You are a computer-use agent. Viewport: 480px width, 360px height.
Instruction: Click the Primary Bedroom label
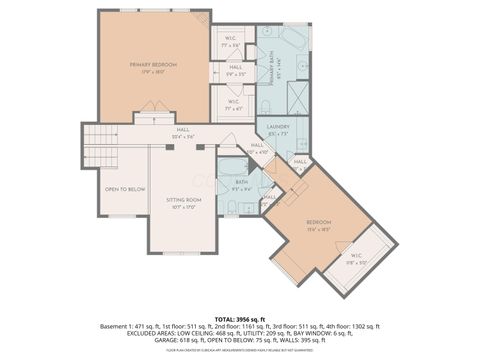click(x=152, y=66)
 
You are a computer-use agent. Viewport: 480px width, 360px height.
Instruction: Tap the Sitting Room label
click(x=183, y=203)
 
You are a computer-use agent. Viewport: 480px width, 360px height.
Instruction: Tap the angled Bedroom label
click(x=318, y=224)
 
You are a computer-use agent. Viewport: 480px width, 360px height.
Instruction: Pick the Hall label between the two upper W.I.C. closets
click(x=234, y=71)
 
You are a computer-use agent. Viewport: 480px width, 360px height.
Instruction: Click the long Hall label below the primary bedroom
click(x=183, y=130)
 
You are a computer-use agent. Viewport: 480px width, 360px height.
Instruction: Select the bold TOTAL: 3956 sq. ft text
click(x=239, y=317)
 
